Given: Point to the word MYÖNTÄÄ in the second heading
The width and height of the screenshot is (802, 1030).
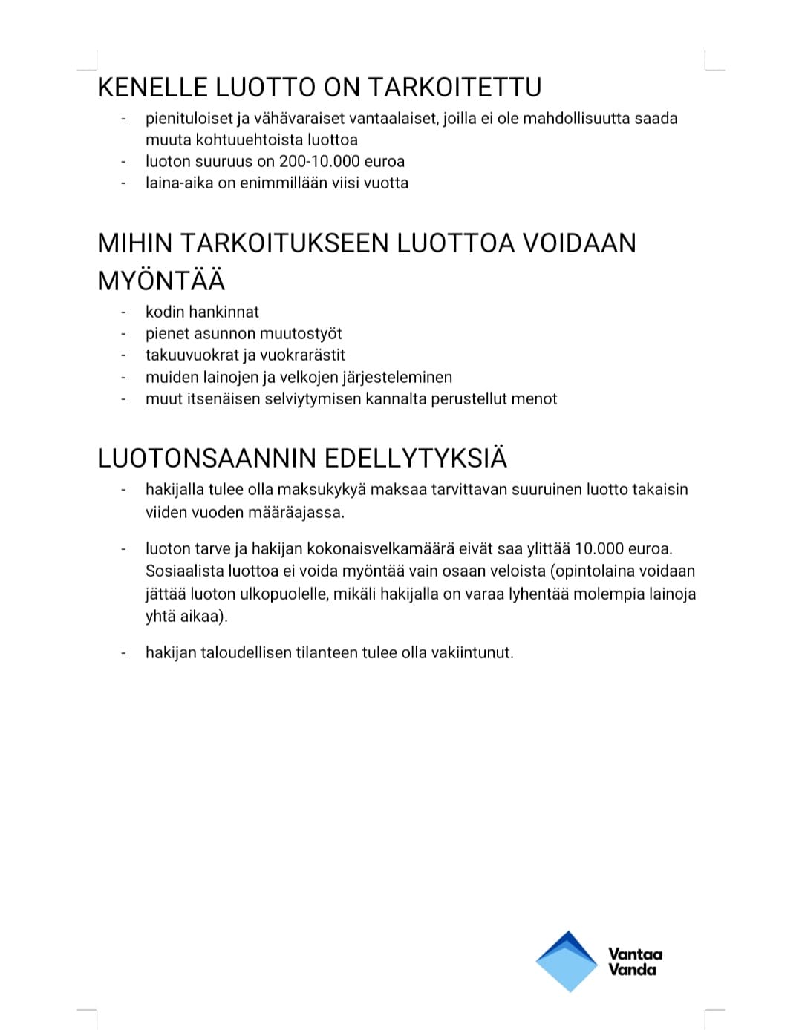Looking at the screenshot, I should coord(161,281).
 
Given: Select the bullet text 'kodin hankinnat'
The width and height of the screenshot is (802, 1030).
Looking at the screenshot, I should coord(202,312).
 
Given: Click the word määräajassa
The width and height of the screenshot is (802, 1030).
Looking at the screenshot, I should coord(302,513).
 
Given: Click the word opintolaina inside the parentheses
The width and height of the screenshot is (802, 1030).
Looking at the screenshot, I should coord(592,571).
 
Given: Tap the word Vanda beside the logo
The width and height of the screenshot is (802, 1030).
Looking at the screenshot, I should coord(633,970).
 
